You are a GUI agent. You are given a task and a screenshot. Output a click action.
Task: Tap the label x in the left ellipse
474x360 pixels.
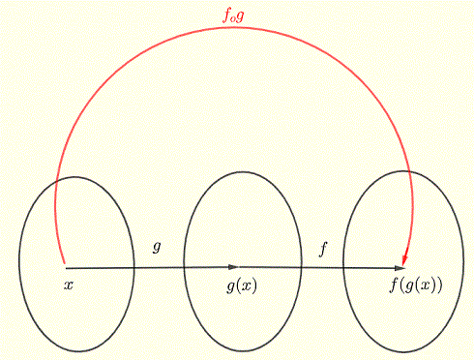68,285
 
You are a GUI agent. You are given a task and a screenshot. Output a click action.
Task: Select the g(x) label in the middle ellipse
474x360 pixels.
242,285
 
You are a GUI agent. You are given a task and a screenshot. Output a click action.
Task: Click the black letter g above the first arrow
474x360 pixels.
157,247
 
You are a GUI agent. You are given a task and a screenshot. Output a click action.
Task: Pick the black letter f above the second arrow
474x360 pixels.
323,249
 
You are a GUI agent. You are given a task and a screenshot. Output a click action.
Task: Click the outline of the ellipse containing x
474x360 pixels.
19,261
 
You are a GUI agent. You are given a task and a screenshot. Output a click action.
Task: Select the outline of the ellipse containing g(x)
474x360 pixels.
184,261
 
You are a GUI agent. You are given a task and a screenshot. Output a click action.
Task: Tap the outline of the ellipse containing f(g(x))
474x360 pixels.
344,261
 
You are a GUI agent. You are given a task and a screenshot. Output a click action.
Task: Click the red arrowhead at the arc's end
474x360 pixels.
405,258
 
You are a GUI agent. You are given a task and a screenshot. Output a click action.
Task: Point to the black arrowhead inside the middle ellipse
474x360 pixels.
232,267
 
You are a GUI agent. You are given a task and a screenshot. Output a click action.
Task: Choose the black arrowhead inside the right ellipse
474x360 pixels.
399,267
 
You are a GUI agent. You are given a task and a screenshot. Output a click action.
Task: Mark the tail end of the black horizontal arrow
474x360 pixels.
66,267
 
